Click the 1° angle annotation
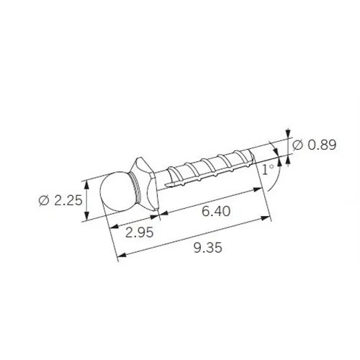(x=268, y=169)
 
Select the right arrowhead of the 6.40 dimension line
(x=259, y=189)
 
